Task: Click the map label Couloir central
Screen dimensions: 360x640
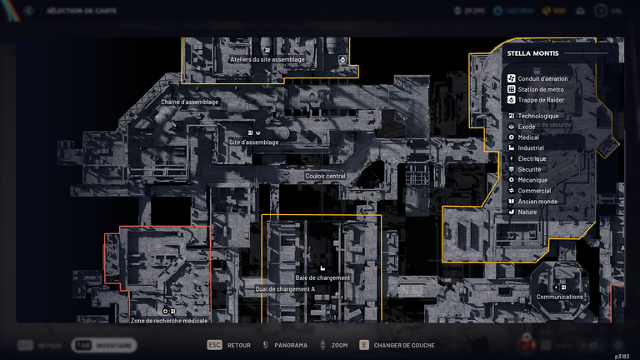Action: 325,176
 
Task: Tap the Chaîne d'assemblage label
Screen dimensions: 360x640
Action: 190,102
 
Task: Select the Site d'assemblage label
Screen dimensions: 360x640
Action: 254,142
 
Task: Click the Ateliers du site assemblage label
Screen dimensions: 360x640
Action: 267,60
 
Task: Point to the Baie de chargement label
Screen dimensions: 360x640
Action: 323,277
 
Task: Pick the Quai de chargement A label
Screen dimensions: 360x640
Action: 285,289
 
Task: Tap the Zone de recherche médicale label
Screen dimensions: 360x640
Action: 169,320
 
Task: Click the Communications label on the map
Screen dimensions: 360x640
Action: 560,297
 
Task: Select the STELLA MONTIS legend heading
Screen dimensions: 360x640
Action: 533,53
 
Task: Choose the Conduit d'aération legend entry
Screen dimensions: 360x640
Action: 542,78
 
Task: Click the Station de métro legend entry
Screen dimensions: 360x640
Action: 541,89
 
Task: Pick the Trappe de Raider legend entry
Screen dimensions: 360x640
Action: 541,100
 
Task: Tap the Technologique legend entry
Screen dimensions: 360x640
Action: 538,116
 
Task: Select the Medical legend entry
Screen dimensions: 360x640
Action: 528,137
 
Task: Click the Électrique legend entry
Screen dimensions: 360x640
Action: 532,158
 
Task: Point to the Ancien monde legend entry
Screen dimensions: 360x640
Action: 537,201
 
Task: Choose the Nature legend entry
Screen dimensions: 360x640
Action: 527,212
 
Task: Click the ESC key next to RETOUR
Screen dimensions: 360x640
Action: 214,345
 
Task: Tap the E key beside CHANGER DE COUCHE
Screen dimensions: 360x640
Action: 363,345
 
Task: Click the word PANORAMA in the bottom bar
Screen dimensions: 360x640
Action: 291,345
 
